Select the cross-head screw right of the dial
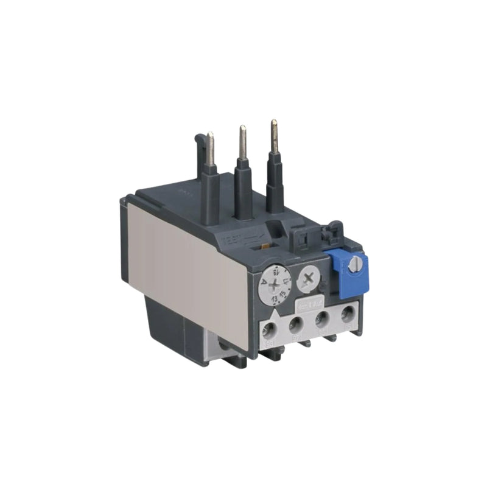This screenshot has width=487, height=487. click(x=310, y=279)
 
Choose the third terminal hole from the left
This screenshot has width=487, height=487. click(x=323, y=318)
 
